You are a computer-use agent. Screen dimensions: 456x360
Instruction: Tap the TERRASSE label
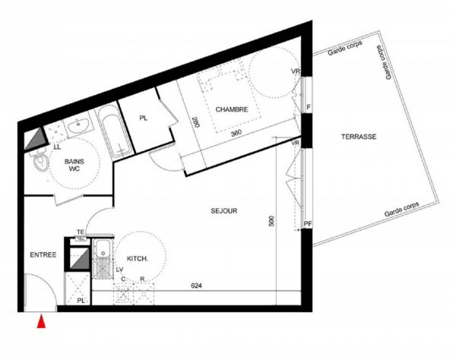pos(359,137)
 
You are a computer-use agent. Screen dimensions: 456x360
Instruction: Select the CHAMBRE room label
pos(232,109)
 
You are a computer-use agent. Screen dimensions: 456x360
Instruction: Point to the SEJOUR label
pos(224,210)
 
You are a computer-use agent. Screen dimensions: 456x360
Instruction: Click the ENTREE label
pos(43,255)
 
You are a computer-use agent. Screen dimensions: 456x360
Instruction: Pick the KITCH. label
pos(138,258)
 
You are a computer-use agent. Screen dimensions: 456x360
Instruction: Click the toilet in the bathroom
pos(40,160)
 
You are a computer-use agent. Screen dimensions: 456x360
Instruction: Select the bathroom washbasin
pos(78,126)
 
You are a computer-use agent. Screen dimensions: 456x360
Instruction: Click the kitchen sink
pos(103,258)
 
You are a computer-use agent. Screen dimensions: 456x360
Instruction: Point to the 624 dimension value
pos(196,286)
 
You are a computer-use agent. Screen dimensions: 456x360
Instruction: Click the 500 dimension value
pos(271,221)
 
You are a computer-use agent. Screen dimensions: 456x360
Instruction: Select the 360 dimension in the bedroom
pos(236,134)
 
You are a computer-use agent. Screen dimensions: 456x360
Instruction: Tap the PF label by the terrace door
pos(307,224)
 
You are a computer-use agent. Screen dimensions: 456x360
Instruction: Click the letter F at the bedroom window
pos(309,107)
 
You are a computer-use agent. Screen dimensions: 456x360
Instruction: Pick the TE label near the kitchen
pos(81,232)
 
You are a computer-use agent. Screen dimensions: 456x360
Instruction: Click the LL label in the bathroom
pos(57,147)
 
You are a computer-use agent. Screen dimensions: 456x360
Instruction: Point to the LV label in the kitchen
pos(119,270)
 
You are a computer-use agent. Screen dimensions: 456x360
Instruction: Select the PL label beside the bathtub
pos(143,118)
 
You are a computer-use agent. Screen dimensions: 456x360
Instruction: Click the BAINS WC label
pos(74,165)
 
